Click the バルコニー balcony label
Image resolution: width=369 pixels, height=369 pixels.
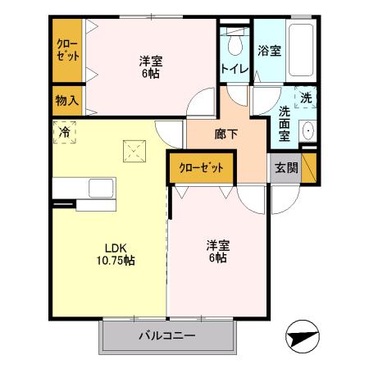[x=166, y=335]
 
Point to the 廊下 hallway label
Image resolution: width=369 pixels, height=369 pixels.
[x=227, y=134]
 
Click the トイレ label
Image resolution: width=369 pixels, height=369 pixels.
[x=233, y=69]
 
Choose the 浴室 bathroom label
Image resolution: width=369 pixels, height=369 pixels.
[x=269, y=51]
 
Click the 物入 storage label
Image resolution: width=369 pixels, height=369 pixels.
[x=67, y=101]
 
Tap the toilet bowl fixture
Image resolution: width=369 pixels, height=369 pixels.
[x=236, y=41]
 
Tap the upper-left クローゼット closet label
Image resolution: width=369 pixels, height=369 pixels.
[x=67, y=50]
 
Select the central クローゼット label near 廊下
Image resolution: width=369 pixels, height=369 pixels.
[x=201, y=167]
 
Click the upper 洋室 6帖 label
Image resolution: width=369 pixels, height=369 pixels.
[x=148, y=66]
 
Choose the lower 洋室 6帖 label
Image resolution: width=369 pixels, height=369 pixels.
[x=216, y=250]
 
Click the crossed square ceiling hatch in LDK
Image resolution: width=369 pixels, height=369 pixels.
[x=132, y=151]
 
